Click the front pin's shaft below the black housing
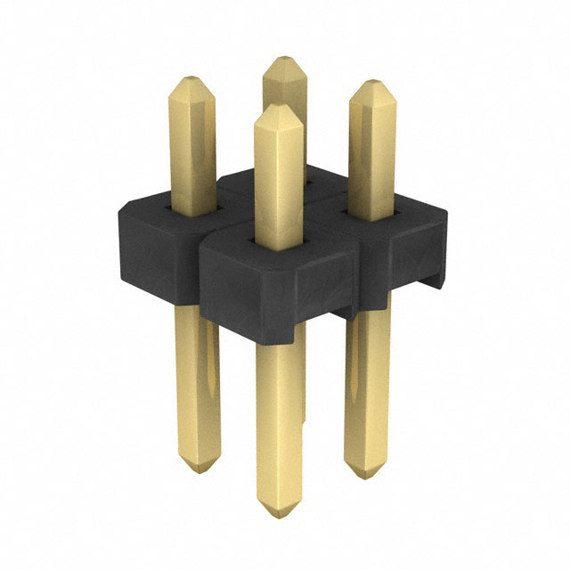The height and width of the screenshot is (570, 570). point(278,419)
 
